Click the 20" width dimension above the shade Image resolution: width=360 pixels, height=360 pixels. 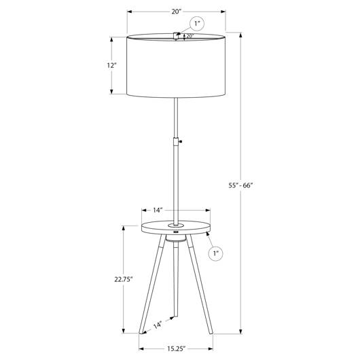[x=177, y=12]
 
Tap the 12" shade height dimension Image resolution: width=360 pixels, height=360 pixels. [x=112, y=65]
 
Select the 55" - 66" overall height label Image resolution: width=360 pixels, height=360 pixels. [x=240, y=185]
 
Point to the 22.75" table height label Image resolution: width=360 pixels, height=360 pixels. [x=124, y=279]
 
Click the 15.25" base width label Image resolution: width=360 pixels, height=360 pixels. [x=176, y=348]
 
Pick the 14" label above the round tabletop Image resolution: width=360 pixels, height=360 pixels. [x=158, y=210]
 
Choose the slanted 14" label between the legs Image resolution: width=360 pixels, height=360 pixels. [x=158, y=325]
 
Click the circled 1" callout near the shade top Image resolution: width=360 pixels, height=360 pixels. [x=197, y=24]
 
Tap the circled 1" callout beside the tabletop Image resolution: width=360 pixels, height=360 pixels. [x=215, y=253]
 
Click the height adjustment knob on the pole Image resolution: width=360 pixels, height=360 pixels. [x=181, y=142]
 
